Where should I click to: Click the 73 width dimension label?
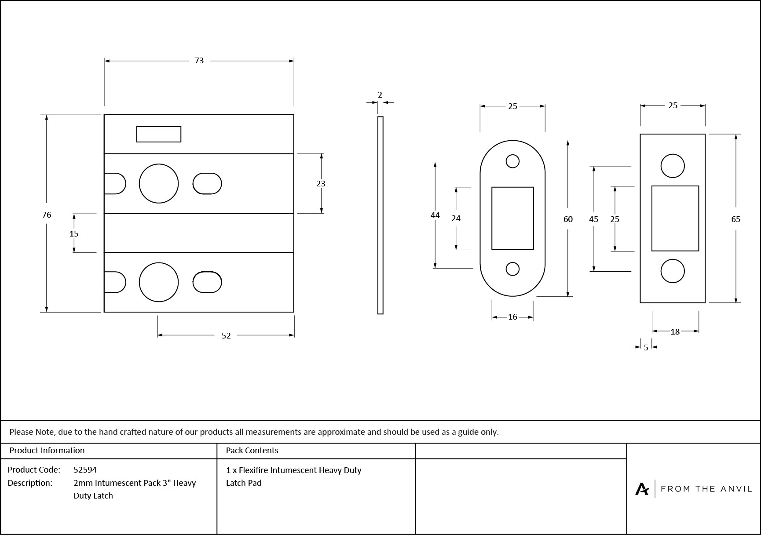(199, 61)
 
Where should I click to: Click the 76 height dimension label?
(47, 215)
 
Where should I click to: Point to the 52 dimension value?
(226, 336)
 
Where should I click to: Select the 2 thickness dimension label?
(380, 95)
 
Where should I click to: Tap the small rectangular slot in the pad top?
(159, 134)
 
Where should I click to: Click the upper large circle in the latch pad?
(159, 184)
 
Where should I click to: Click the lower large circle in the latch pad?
(159, 282)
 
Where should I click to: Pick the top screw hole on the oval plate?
(512, 161)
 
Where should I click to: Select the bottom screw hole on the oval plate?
(512, 269)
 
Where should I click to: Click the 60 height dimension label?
(568, 219)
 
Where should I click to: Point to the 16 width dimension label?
(512, 317)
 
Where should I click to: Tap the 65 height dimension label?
(735, 219)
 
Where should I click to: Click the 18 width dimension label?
(675, 332)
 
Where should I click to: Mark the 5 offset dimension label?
(646, 348)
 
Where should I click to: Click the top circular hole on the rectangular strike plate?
(673, 166)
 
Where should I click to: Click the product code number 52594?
(85, 469)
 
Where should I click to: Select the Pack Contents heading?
(252, 451)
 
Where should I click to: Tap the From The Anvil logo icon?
(642, 489)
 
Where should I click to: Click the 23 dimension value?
(321, 184)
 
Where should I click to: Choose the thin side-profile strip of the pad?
(380, 215)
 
